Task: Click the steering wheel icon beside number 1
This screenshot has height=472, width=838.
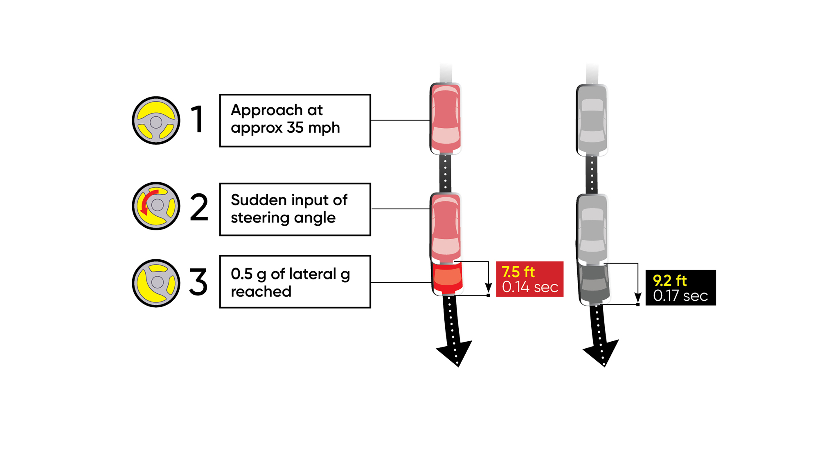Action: click(x=156, y=120)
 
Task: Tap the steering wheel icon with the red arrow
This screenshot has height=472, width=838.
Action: click(x=156, y=206)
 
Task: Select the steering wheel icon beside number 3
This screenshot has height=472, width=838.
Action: click(x=156, y=283)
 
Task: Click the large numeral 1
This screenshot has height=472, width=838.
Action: click(x=198, y=119)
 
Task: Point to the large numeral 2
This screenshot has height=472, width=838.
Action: click(x=199, y=208)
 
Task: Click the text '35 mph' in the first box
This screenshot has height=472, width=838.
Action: click(x=313, y=128)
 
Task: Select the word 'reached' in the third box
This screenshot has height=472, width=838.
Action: click(x=261, y=292)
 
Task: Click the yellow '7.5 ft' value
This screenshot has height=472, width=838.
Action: click(x=518, y=272)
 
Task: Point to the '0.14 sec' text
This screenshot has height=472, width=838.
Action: click(x=530, y=287)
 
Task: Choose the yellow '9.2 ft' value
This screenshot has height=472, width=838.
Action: click(x=669, y=281)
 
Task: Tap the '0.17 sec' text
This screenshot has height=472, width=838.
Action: click(x=680, y=296)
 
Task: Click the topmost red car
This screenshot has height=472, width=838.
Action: click(x=446, y=118)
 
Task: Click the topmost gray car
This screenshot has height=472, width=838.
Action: click(x=592, y=120)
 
